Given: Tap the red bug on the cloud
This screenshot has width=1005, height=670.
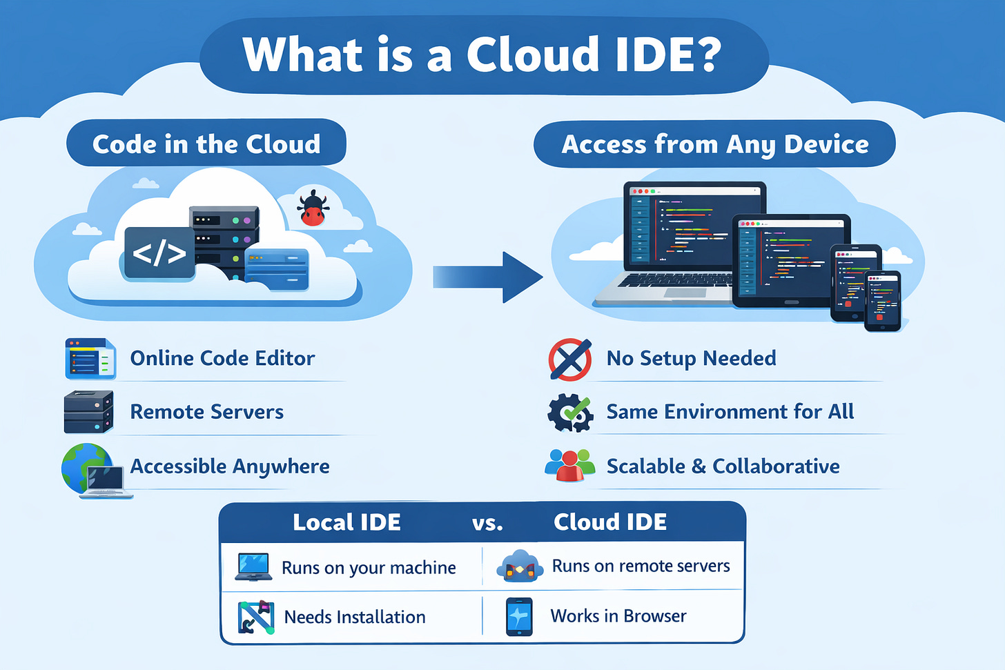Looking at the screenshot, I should pos(312,209).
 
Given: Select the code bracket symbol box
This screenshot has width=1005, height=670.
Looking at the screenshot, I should pos(159,253).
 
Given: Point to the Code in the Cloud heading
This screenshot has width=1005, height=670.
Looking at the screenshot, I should pos(206,144).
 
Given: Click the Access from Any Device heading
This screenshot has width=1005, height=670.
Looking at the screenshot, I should pos(714,144).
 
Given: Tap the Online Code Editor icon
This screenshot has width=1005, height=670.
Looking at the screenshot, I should pos(90,359).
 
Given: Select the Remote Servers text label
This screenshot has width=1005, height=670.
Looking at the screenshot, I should pos(207,412).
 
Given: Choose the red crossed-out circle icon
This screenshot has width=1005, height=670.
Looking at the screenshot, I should pos(569,359).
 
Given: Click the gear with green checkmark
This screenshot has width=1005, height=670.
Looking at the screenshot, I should pos(570,413).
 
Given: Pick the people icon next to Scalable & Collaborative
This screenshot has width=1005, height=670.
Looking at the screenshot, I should pos(569,465).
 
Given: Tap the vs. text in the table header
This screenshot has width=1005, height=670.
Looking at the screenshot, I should pos(487,523).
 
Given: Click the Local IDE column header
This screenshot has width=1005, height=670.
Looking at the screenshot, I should pos(347,522).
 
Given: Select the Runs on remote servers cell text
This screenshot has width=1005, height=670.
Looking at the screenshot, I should pos(641,566).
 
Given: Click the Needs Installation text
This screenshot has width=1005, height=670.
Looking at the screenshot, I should pos(355,617).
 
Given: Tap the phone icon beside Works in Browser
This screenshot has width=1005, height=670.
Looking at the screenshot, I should pos(519,616).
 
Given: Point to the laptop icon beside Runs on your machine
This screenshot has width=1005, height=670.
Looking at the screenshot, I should pos(253,567).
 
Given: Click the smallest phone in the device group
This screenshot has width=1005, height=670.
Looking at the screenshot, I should pos(883,301).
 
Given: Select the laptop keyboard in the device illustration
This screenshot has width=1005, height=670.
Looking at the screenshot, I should pos(673,280).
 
